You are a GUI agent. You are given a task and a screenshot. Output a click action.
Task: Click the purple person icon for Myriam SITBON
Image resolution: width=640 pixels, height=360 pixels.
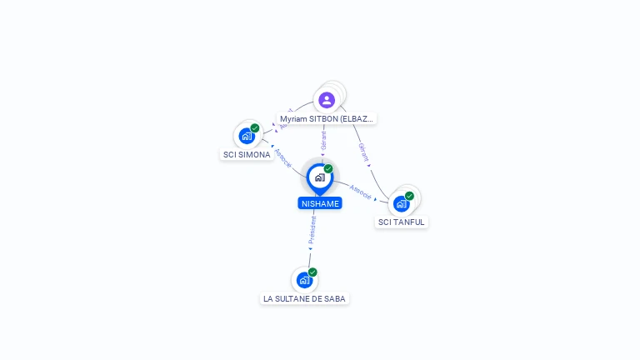(x=327, y=100)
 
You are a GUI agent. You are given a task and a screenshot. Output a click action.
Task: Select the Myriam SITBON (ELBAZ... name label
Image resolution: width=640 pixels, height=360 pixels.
(x=327, y=119)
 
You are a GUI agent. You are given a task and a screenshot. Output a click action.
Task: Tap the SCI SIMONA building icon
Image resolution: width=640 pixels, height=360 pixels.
(x=246, y=136)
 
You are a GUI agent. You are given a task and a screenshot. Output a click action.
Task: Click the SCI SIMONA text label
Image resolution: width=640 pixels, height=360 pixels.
(x=247, y=155)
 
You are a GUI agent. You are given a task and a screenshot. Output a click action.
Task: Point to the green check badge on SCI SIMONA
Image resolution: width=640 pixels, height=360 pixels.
(x=255, y=128)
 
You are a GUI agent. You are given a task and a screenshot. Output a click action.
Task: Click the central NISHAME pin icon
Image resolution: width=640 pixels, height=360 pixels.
(x=319, y=177)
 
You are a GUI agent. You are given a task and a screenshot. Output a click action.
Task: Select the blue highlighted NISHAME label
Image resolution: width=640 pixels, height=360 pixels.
(x=320, y=203)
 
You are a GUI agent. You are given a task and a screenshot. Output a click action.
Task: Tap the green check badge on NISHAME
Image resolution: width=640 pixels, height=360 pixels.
(x=328, y=169)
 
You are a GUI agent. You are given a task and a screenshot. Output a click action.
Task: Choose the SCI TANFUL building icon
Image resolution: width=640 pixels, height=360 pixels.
(x=402, y=203)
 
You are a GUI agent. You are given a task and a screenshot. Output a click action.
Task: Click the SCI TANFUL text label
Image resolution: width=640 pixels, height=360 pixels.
(x=402, y=222)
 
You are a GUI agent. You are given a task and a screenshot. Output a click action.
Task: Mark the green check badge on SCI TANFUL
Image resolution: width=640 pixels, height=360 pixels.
(x=409, y=196)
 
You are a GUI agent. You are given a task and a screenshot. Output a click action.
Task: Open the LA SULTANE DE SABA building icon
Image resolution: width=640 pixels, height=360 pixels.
(x=304, y=280)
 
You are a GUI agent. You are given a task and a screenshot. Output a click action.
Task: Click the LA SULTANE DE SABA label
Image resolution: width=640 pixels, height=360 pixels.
(x=304, y=298)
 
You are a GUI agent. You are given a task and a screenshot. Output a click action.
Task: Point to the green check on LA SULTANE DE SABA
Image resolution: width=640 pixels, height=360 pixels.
(x=312, y=272)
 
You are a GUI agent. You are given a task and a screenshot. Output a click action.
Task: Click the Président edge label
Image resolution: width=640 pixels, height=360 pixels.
(x=312, y=229)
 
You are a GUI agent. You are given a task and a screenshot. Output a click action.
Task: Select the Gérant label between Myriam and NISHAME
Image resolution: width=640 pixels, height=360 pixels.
(x=323, y=141)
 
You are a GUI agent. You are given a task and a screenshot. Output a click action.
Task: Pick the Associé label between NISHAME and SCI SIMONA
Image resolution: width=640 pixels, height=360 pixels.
(x=283, y=157)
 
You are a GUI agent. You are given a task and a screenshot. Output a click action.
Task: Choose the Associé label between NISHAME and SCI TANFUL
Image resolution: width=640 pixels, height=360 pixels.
(x=361, y=191)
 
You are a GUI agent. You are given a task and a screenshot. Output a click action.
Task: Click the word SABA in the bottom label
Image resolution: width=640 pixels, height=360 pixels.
(x=334, y=298)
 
